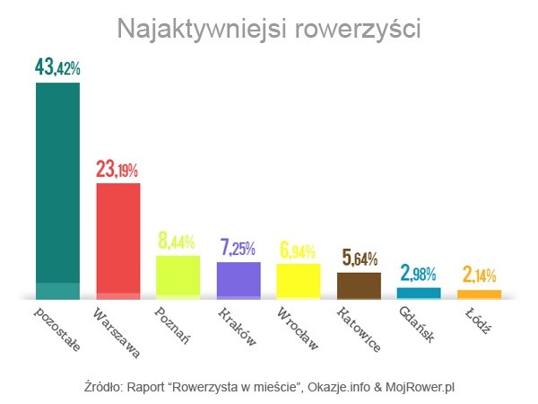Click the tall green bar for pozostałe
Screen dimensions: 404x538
(57, 189)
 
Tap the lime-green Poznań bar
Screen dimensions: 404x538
(178, 277)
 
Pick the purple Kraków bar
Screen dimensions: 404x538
(239, 279)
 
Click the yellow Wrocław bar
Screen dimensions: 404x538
(299, 280)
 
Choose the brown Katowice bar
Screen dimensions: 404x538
(359, 285)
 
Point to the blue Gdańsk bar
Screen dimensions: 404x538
(419, 293)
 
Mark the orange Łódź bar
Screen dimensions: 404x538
(479, 294)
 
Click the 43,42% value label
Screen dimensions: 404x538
(57, 67)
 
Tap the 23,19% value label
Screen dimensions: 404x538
(118, 168)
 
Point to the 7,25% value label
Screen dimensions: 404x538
(239, 247)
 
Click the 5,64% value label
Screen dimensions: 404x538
(359, 259)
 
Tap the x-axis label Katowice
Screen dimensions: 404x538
(359, 331)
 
